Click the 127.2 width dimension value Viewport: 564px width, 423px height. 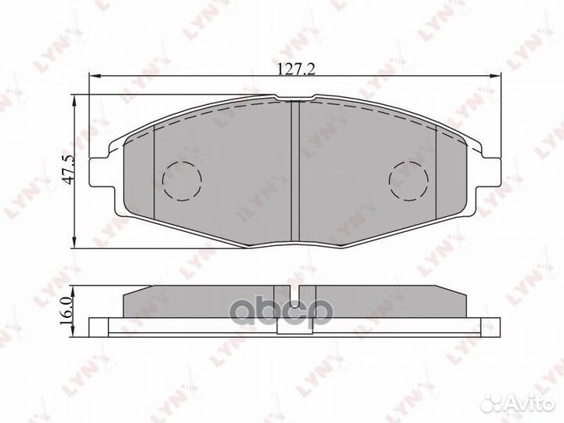coord(296,69)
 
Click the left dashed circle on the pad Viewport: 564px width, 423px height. coord(181,179)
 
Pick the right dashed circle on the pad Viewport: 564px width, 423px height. coord(410,179)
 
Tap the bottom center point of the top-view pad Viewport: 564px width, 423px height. coord(296,246)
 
